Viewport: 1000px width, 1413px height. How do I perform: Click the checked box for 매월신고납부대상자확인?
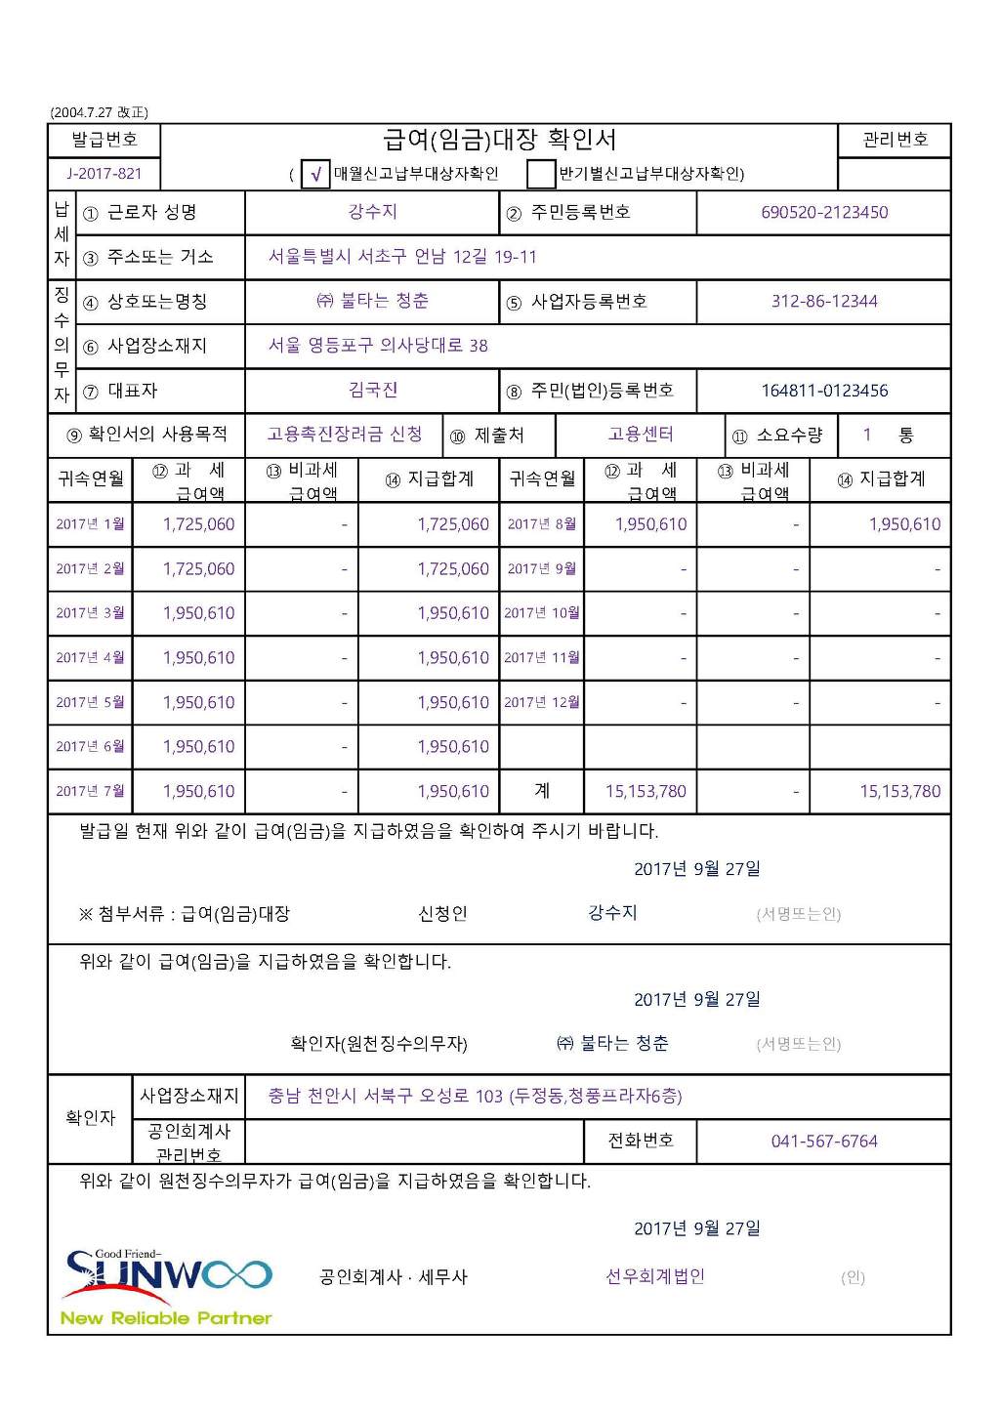point(315,175)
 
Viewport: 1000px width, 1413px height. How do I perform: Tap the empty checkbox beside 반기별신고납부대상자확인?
point(540,175)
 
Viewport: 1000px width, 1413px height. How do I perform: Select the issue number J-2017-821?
point(104,174)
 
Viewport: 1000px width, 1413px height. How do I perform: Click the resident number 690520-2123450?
point(824,213)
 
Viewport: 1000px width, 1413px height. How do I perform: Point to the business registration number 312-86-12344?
point(824,302)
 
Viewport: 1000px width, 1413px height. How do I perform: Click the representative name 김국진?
point(372,391)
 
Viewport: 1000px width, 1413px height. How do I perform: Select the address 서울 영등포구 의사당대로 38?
point(378,346)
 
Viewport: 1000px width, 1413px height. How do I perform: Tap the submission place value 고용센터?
point(641,435)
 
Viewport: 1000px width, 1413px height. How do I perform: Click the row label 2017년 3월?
point(90,613)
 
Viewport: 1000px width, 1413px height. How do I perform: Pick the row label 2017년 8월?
point(542,524)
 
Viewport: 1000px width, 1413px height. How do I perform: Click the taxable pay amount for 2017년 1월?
point(198,524)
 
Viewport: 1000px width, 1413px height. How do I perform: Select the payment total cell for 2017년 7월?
point(453,792)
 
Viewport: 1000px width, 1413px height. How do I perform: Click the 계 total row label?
point(542,791)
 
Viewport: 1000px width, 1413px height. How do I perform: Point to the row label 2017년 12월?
point(542,702)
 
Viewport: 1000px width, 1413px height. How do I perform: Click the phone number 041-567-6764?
point(824,1142)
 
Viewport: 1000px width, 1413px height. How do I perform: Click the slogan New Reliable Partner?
point(166,1318)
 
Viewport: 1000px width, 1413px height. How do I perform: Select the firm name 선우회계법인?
point(655,1277)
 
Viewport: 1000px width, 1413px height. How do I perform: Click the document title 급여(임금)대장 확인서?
point(499,141)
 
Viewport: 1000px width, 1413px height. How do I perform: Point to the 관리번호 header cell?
point(895,141)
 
